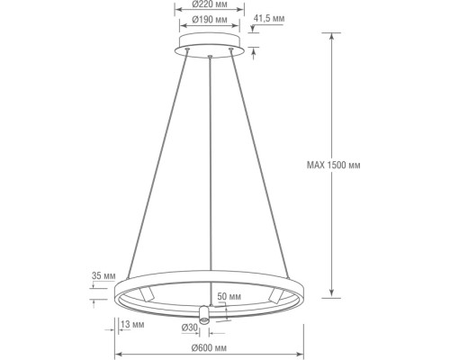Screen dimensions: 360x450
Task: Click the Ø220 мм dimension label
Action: point(208,8)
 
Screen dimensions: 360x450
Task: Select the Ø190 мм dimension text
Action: point(208,21)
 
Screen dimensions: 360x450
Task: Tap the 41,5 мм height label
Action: point(270,16)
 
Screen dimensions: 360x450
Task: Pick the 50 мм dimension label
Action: point(229,295)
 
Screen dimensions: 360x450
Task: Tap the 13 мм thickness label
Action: point(132,323)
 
